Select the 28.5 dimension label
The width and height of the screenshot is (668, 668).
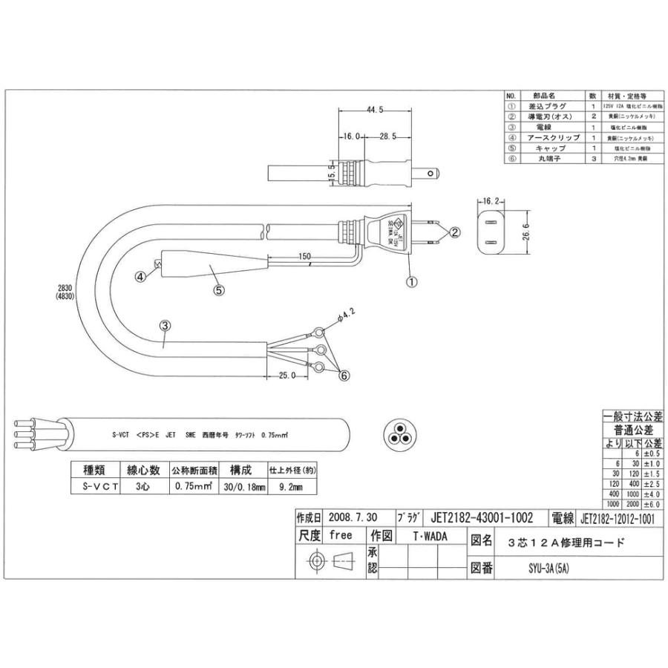tap(387, 137)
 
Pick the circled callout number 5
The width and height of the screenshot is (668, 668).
tap(218, 290)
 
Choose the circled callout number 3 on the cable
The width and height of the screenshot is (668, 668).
tap(165, 325)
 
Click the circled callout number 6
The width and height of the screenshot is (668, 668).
tap(344, 376)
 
